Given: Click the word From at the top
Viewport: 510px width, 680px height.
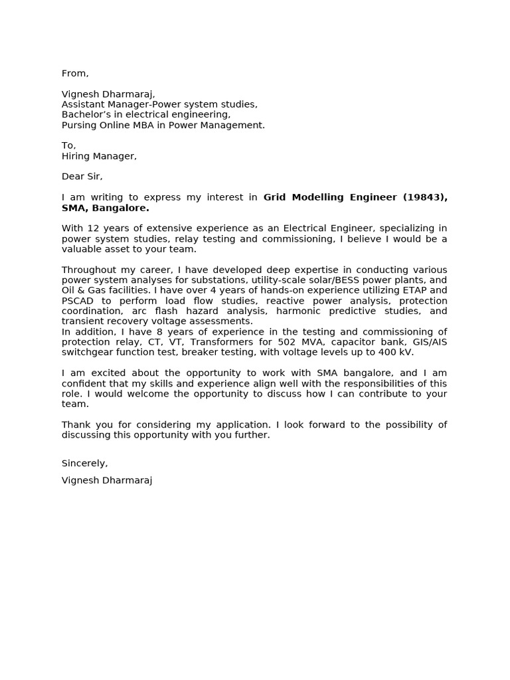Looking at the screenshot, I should [74, 73].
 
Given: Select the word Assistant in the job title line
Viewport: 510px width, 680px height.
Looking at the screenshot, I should [83, 104].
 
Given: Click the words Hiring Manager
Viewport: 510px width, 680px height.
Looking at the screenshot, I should [98, 156].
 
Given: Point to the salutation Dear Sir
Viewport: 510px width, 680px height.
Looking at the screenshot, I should [82, 177].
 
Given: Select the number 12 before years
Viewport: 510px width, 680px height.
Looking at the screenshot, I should [93, 228].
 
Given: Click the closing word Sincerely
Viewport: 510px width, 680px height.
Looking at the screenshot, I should [84, 464].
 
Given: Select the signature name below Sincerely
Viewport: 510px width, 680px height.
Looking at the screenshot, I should [106, 480].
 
